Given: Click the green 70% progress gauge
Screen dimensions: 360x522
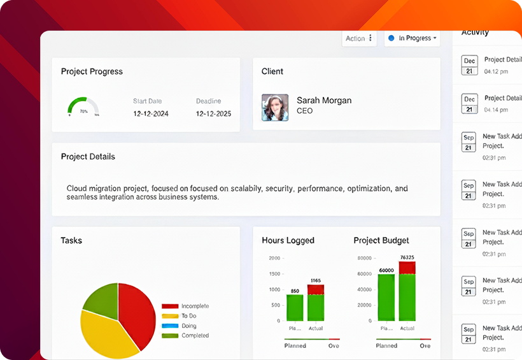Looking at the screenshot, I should click(83, 106).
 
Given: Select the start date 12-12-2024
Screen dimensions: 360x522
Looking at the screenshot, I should click(151, 114).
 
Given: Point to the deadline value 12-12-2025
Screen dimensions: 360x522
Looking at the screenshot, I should click(213, 114).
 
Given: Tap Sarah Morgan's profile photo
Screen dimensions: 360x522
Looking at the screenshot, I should click(275, 108).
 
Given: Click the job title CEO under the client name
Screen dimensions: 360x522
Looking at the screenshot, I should click(305, 111).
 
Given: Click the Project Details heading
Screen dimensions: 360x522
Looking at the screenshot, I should click(88, 157).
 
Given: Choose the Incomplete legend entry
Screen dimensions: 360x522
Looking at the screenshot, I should click(194, 306).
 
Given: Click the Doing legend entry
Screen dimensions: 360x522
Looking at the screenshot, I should click(188, 326).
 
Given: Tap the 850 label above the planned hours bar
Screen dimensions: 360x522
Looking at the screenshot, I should click(295, 291).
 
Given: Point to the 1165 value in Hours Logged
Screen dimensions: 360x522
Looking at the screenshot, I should click(315, 280).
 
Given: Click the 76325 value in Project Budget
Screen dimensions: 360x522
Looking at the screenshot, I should click(407, 257).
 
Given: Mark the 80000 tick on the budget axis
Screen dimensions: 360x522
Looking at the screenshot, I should click(364, 259).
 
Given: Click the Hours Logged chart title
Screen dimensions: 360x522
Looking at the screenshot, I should click(288, 241).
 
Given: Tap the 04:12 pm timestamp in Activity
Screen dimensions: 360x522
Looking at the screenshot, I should click(496, 71).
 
